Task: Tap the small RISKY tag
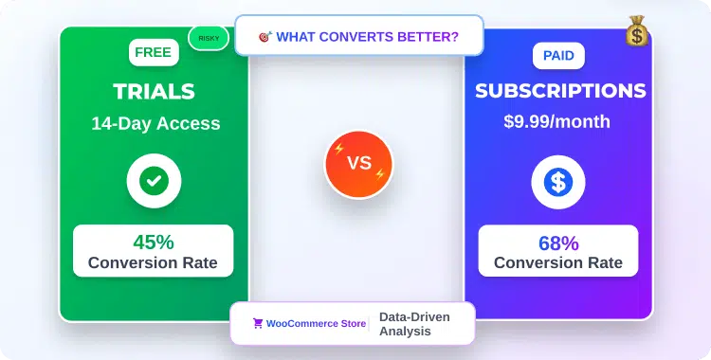[x=209, y=38]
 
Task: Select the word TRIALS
[x=154, y=91]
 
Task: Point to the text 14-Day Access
[x=155, y=123]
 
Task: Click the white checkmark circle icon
[x=154, y=180]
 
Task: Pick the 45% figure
[x=154, y=242]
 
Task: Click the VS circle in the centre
[x=358, y=163]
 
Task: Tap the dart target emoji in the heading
[x=264, y=37]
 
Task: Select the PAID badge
[x=557, y=55]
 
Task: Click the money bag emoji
[x=636, y=32]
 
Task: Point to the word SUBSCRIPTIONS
[x=560, y=91]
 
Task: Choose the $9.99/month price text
[x=557, y=121]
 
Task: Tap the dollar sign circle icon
[x=557, y=182]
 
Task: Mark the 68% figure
[x=557, y=243]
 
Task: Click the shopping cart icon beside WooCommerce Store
[x=257, y=323]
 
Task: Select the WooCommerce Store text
[x=316, y=323]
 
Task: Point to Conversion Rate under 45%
[x=154, y=262]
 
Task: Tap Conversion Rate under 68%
[x=557, y=262]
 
